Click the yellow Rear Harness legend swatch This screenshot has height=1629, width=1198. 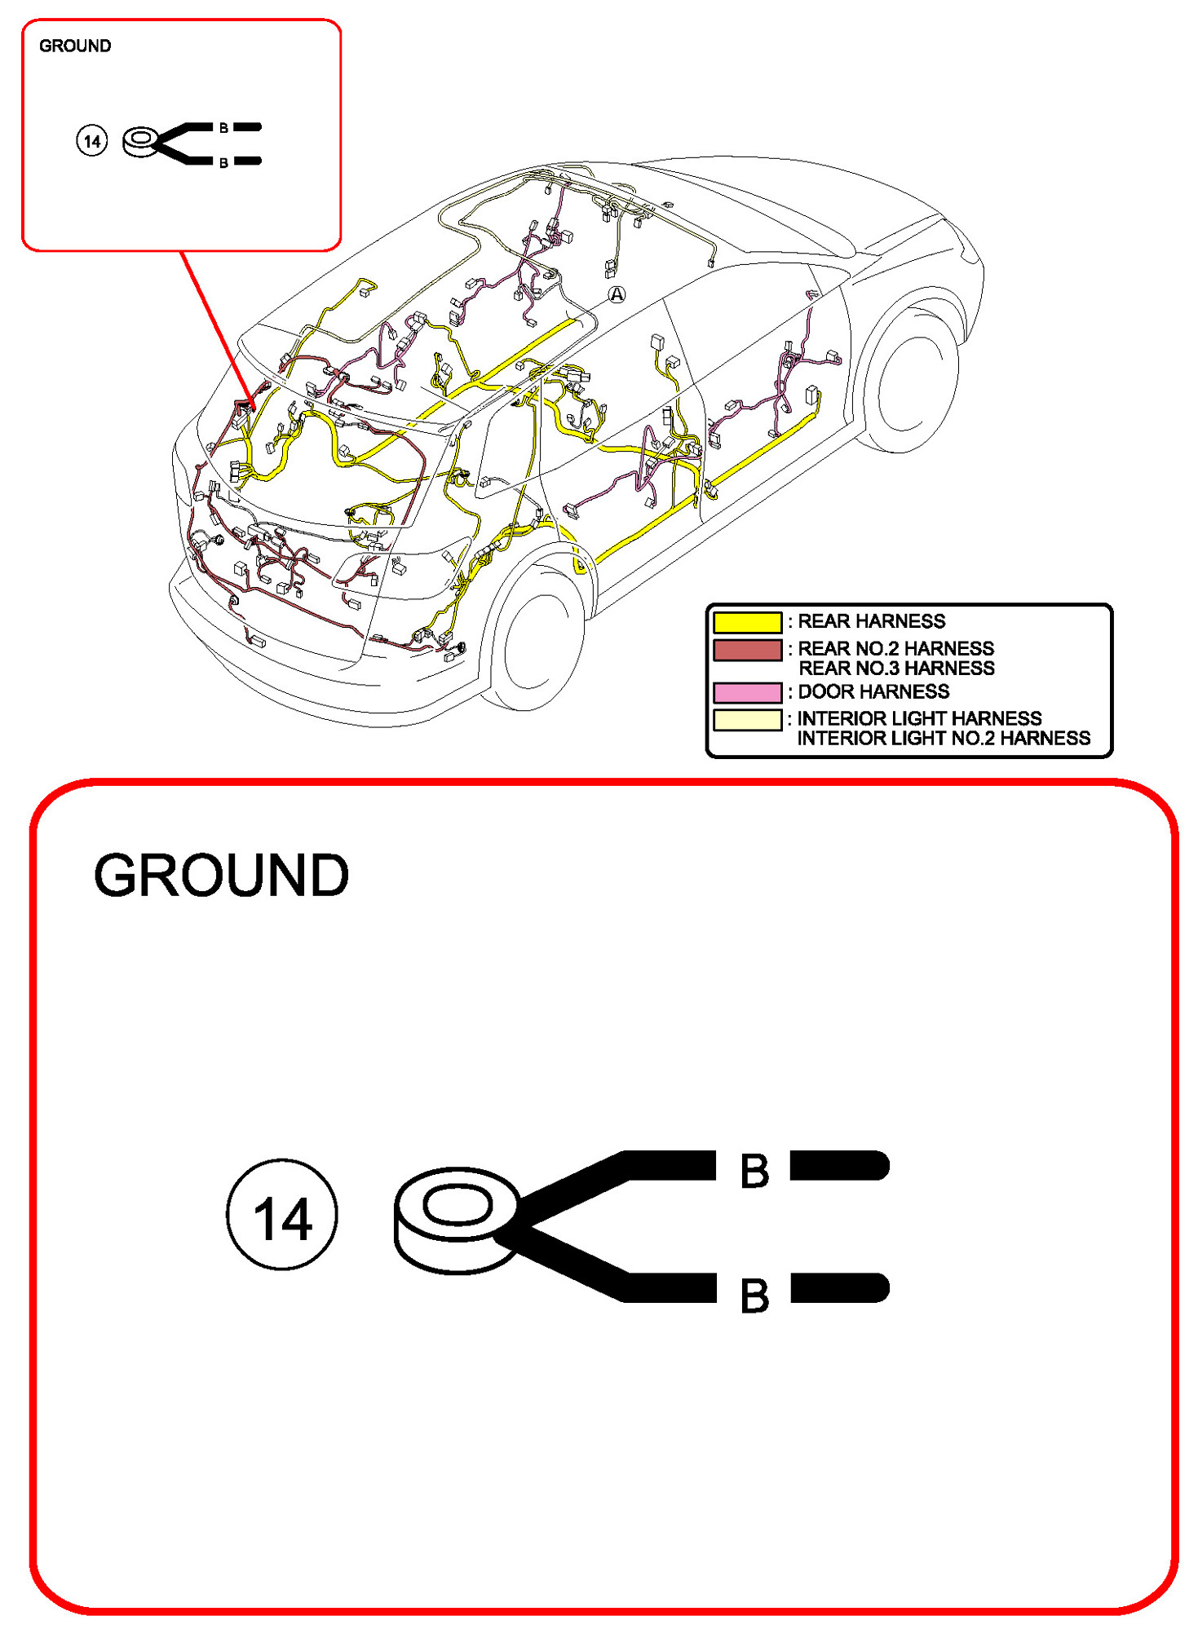pyautogui.click(x=746, y=622)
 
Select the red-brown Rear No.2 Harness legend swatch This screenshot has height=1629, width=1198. pyautogui.click(x=746, y=650)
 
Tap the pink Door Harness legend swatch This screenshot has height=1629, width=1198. pyautogui.click(x=746, y=692)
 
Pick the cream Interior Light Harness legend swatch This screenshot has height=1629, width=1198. pyautogui.click(x=746, y=719)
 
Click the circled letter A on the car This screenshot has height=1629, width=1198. pyautogui.click(x=617, y=294)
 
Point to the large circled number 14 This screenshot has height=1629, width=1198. pyautogui.click(x=281, y=1214)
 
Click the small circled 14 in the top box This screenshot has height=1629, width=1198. pyautogui.click(x=91, y=142)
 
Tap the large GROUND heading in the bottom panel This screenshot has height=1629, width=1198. pyautogui.click(x=221, y=876)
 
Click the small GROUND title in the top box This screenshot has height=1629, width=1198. pyautogui.click(x=75, y=46)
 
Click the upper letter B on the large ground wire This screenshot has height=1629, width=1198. pyautogui.click(x=754, y=1171)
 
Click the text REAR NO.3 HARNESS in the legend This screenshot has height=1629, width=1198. pyautogui.click(x=896, y=669)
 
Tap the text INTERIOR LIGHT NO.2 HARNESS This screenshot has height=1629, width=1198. pyautogui.click(x=944, y=739)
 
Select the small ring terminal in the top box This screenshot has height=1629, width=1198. pyautogui.click(x=141, y=143)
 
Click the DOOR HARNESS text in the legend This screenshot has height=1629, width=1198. pyautogui.click(x=873, y=692)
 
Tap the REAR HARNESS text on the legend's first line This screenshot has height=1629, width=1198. pyautogui.click(x=871, y=621)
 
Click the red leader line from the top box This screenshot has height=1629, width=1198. pyautogui.click(x=216, y=326)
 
